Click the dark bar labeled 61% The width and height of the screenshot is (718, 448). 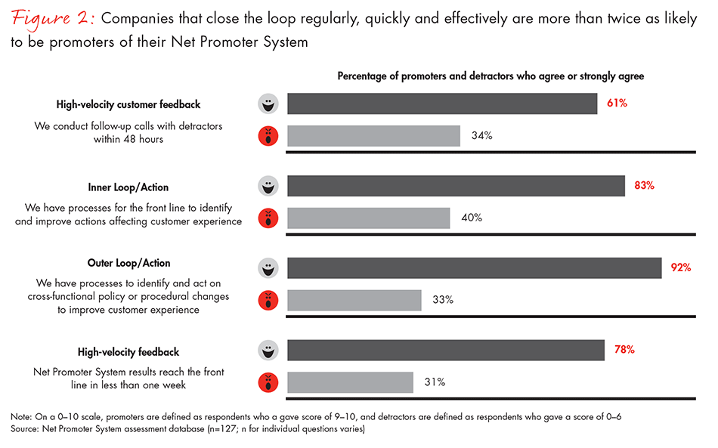[442, 104]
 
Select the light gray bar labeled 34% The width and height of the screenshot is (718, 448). [373, 136]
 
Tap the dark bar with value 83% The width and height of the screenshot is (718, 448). [456, 186]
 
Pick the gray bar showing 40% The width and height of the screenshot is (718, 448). [369, 218]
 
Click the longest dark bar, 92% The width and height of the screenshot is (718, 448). [475, 268]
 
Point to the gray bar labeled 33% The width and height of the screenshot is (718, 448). [354, 300]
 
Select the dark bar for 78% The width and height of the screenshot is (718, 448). [446, 351]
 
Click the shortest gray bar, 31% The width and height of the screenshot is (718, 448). [350, 382]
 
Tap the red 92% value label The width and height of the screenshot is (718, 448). [681, 267]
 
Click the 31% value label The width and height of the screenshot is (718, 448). [434, 382]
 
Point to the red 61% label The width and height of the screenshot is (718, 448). [617, 103]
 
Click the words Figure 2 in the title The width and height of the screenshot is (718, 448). [51, 18]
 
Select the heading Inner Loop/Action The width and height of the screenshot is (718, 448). [128, 187]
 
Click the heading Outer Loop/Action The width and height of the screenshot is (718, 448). [128, 264]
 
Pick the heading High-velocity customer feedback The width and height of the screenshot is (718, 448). [128, 105]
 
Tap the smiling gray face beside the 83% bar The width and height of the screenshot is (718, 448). [267, 186]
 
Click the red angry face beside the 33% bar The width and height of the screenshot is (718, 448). [267, 301]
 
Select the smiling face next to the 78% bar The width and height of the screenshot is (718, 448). [267, 351]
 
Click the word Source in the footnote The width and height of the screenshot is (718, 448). [24, 429]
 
